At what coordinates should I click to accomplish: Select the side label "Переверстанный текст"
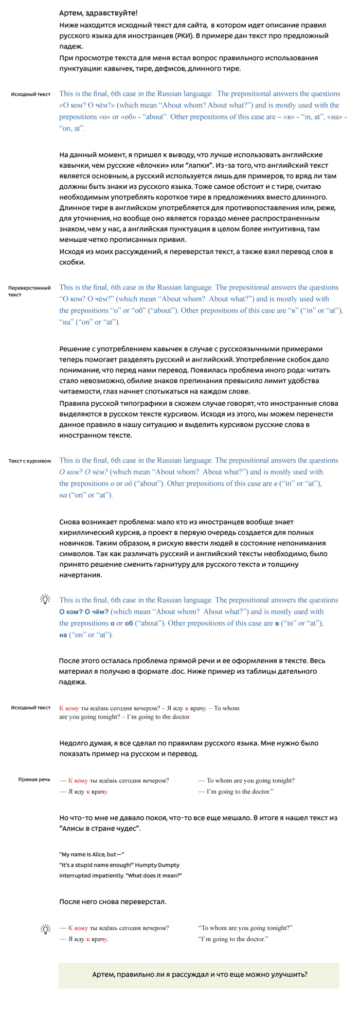[x=29, y=291]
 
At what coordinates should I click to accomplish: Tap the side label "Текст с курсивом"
[x=29, y=461]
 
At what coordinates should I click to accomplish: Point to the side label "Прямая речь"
[x=34, y=780]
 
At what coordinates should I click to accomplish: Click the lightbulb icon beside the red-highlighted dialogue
[x=45, y=929]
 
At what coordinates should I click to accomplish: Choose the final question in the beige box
[x=200, y=975]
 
